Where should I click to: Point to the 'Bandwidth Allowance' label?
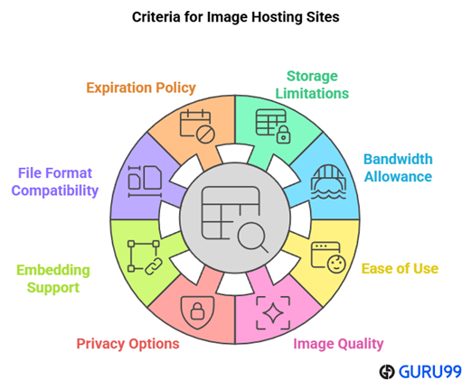pos(398,168)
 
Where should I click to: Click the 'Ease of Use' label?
pos(400,268)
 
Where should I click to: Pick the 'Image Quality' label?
pos(338,343)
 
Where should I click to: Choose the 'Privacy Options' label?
pos(127,343)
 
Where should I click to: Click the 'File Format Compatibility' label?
pos(56,181)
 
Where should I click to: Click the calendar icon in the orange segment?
pos(195,125)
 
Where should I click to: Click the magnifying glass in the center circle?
pos(251,237)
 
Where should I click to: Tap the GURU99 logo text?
pos(423,370)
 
